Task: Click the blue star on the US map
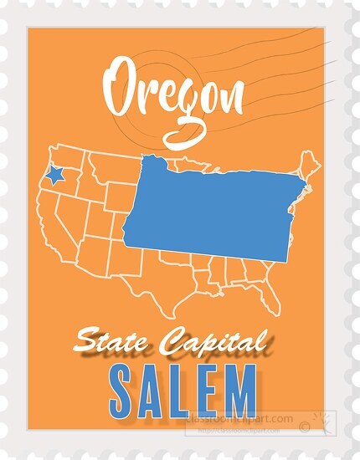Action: (x=55, y=175)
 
